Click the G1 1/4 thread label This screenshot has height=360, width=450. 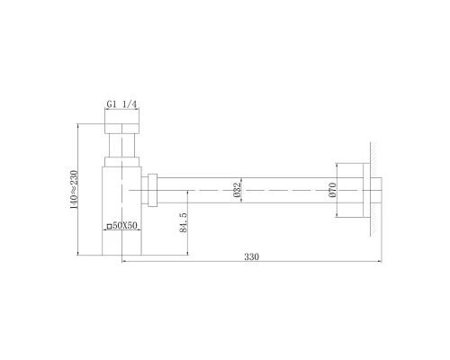tap(121, 104)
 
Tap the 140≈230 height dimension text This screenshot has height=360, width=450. tap(74, 189)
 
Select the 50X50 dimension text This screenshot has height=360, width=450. tap(125, 225)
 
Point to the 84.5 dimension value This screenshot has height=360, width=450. tap(183, 222)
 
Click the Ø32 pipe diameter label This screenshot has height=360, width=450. tap(237, 190)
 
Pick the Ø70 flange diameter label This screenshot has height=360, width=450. tap(332, 190)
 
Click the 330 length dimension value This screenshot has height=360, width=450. tap(251, 256)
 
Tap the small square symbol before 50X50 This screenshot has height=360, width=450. tap(109, 226)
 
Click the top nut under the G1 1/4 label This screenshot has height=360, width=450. tap(121, 128)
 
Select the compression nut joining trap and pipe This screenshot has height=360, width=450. tap(153, 190)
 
